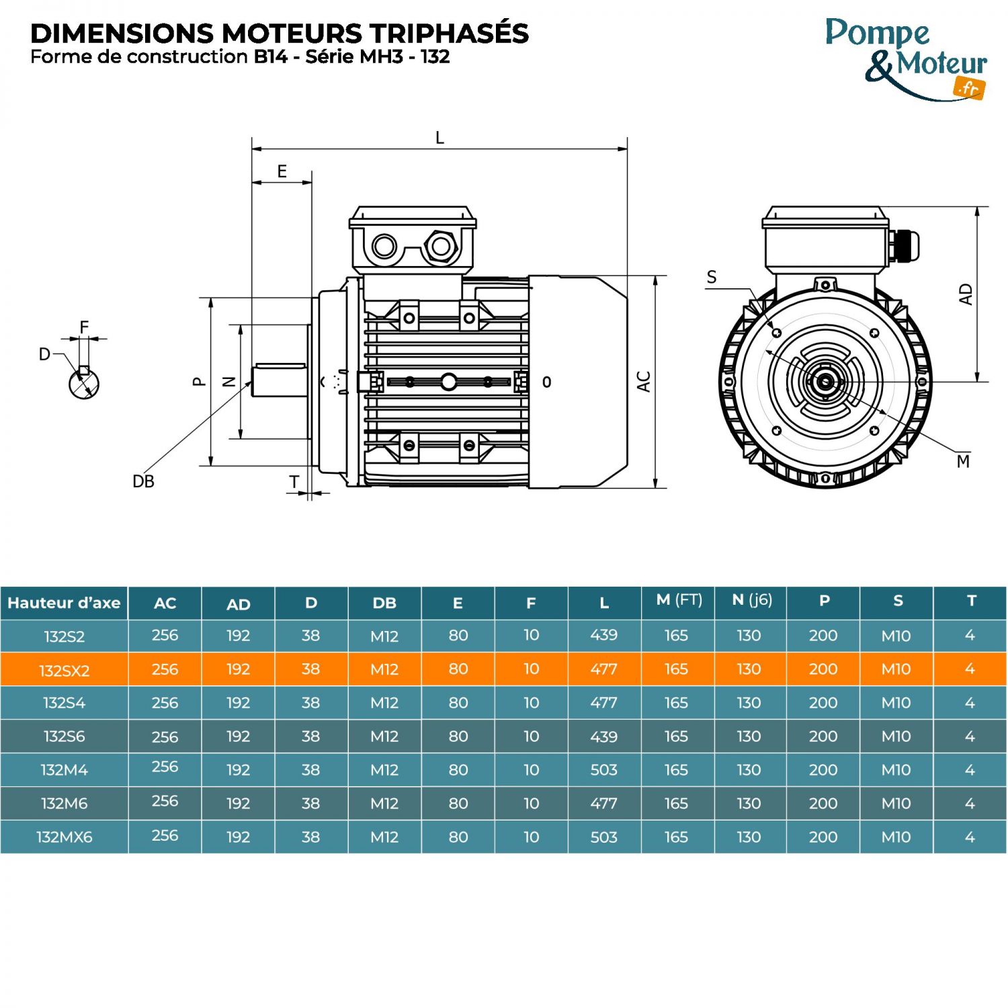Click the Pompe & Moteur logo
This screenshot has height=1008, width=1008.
point(906,59)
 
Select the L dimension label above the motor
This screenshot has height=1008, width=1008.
point(439,138)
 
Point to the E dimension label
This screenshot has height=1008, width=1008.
point(282,171)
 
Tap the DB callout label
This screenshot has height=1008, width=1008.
point(143,482)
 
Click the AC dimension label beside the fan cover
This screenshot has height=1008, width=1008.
point(644,382)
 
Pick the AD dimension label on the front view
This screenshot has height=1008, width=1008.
point(966,294)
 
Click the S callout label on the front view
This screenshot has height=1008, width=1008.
point(712,278)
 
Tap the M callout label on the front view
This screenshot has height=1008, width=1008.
point(963,462)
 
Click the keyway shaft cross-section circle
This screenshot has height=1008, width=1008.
point(84,384)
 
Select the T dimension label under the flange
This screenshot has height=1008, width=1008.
point(294,482)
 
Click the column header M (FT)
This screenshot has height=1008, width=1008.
point(679,600)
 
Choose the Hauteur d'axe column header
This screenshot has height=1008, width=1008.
point(64,603)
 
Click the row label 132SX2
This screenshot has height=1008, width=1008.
point(64,670)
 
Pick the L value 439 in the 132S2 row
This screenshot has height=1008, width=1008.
point(603,635)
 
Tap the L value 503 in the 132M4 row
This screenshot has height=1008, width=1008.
point(603,770)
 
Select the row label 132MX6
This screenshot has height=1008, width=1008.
point(64,837)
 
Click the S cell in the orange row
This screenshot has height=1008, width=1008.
point(896,669)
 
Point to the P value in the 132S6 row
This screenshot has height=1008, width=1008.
point(823,737)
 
